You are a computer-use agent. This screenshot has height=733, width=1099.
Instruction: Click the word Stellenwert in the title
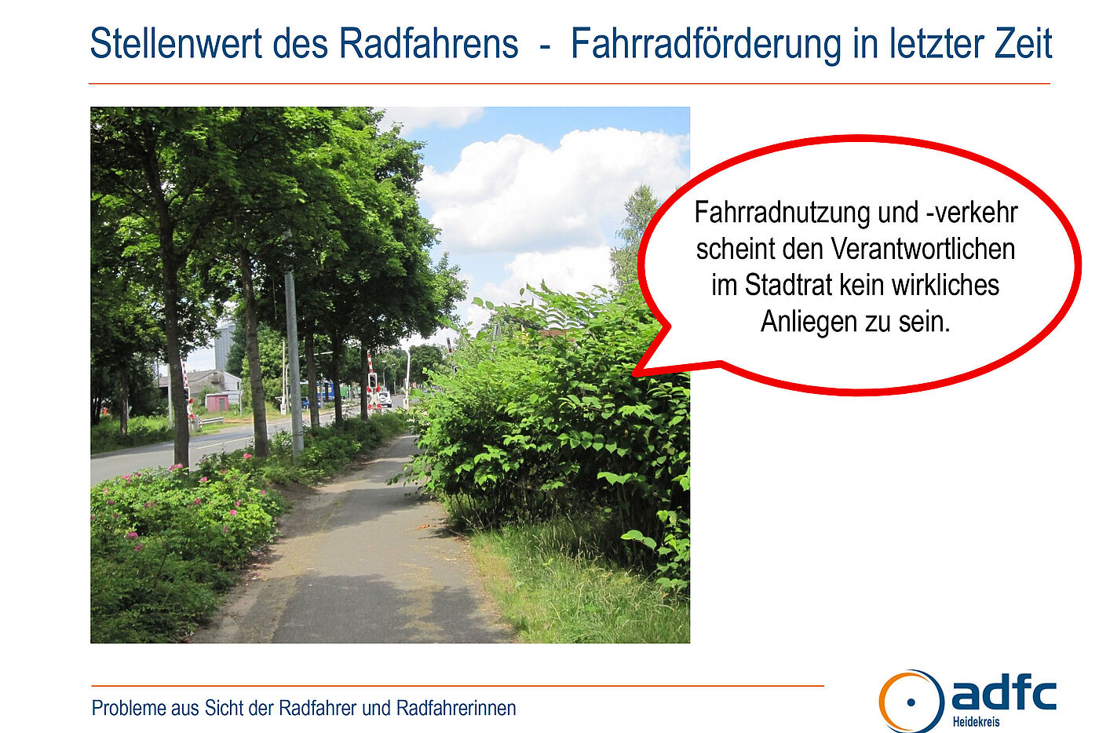176,43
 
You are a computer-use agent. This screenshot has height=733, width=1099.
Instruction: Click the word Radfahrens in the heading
429,43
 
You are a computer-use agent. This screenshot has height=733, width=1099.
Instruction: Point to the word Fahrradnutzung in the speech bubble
781,213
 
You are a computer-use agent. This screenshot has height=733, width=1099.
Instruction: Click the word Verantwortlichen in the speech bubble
922,249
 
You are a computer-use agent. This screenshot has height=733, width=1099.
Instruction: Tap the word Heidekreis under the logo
976,722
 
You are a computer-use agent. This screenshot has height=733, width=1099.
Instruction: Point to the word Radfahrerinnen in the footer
456,708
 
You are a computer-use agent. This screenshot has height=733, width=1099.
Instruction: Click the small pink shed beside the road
217,403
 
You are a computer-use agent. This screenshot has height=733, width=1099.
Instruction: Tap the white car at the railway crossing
385,398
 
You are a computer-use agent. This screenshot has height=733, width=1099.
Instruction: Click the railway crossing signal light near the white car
372,381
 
